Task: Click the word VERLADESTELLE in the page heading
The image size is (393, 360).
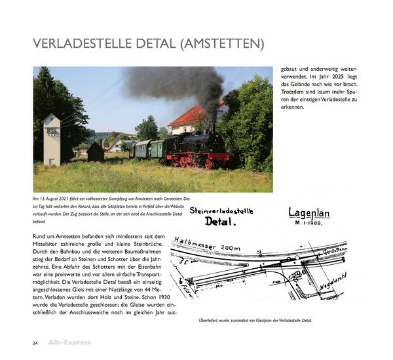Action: point(84,45)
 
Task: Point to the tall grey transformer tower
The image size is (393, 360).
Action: point(52,140)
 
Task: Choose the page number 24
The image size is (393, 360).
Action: point(35,343)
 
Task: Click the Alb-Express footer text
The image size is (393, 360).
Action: point(69,343)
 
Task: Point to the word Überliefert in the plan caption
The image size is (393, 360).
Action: point(210,320)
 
